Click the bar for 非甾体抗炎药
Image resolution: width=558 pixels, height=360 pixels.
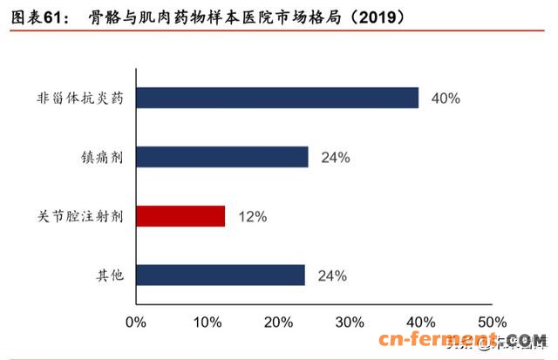(277, 98)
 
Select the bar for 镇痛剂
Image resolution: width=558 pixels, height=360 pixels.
(222, 157)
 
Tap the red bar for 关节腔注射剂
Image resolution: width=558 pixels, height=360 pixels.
(180, 215)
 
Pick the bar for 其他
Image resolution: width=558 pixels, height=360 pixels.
(221, 275)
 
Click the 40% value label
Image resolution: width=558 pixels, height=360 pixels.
(446, 98)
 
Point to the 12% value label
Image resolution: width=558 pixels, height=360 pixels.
(252, 216)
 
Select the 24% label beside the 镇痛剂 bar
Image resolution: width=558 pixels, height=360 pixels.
(335, 158)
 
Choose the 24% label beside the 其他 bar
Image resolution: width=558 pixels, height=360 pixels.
(332, 276)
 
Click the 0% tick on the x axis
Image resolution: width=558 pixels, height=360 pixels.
(135, 322)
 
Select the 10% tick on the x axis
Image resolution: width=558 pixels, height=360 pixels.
(207, 322)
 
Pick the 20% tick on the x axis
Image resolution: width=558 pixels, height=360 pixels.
(278, 322)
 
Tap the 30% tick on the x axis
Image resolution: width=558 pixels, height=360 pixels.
(350, 322)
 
